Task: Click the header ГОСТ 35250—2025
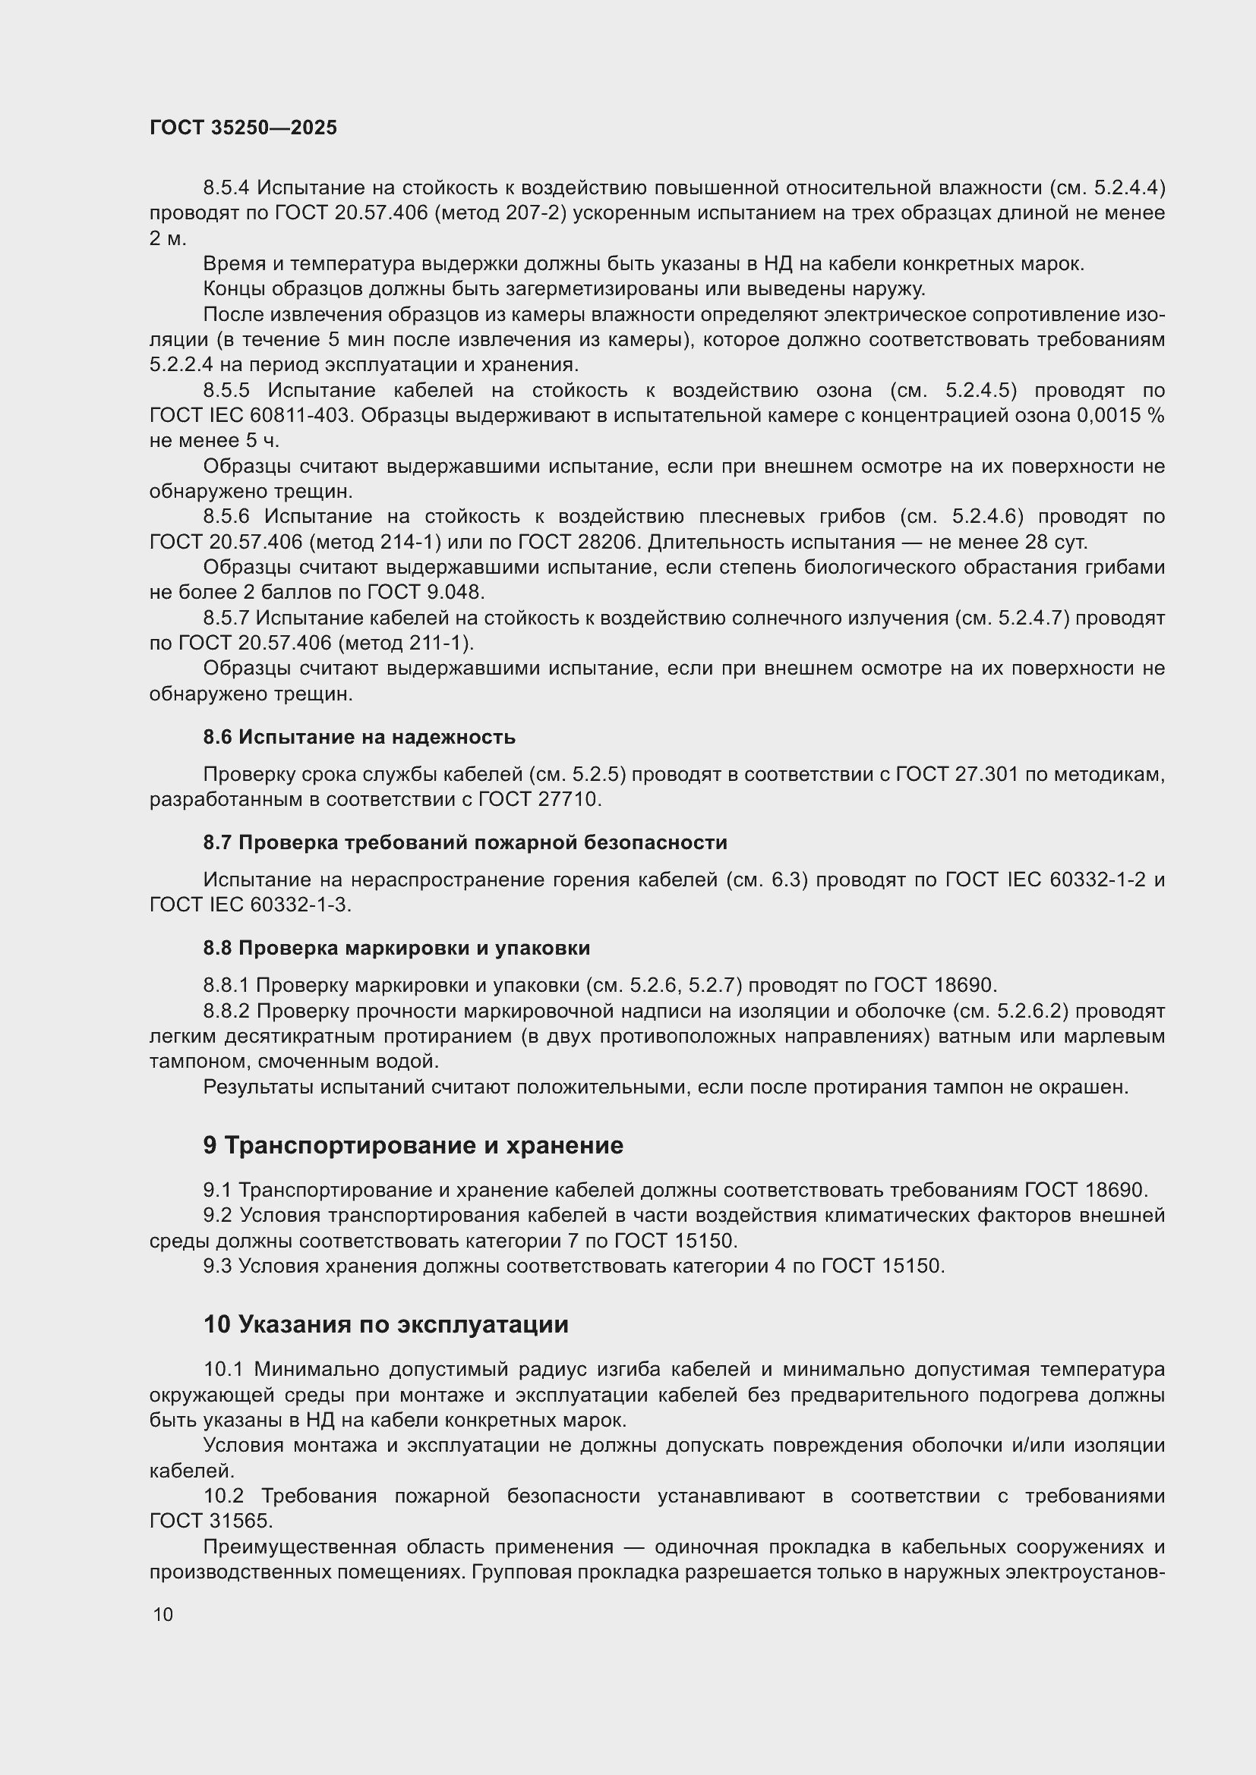(x=243, y=127)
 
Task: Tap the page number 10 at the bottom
(x=163, y=1615)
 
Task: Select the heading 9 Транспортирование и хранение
(x=413, y=1145)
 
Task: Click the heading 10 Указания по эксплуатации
(x=386, y=1324)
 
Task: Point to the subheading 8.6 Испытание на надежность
(x=359, y=737)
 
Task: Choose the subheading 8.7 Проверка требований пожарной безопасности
(x=465, y=842)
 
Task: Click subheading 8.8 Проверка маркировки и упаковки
(x=396, y=948)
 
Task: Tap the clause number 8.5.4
(x=226, y=188)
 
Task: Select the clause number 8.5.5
(x=226, y=390)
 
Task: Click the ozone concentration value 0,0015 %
(x=1120, y=416)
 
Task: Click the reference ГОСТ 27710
(x=540, y=799)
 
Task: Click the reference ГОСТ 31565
(x=210, y=1522)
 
